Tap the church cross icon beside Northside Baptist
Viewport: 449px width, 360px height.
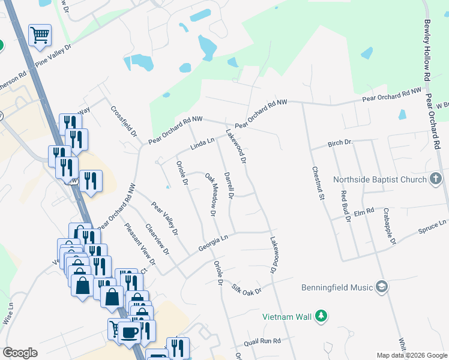point(436,178)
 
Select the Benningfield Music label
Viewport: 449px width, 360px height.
point(337,287)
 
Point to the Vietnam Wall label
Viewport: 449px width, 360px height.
point(286,316)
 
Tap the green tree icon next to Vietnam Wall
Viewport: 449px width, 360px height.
point(321,316)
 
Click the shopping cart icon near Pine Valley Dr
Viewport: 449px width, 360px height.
point(40,34)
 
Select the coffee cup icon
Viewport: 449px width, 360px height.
point(128,331)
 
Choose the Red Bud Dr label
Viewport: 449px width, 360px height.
point(345,206)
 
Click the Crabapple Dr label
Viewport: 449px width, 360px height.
point(390,226)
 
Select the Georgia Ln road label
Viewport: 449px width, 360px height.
point(213,242)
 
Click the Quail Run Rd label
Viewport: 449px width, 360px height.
point(262,341)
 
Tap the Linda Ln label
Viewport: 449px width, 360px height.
point(202,144)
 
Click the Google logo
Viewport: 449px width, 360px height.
point(20,353)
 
